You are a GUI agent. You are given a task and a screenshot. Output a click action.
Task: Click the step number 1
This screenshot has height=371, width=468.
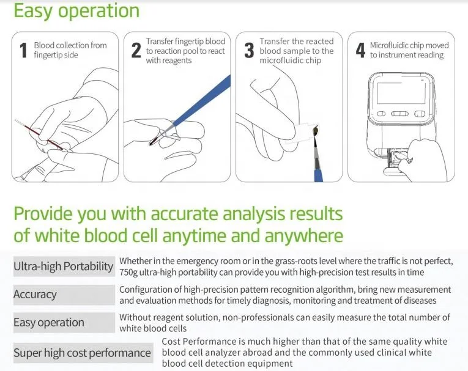pyautogui.click(x=24, y=51)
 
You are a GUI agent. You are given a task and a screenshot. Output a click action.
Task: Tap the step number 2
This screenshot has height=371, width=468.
pyautogui.click(x=136, y=51)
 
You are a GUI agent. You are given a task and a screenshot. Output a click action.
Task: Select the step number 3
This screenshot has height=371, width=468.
pyautogui.click(x=249, y=51)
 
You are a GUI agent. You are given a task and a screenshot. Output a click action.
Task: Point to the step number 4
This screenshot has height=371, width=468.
pyautogui.click(x=360, y=51)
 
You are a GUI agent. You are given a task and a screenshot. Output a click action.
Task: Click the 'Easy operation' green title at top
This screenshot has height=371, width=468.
pyautogui.click(x=76, y=10)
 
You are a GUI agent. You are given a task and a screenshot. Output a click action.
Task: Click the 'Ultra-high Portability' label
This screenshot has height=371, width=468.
pyautogui.click(x=64, y=266)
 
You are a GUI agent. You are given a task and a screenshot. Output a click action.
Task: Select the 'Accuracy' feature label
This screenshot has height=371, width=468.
pyautogui.click(x=35, y=294)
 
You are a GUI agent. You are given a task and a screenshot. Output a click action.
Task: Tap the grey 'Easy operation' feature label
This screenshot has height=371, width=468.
pyautogui.click(x=49, y=322)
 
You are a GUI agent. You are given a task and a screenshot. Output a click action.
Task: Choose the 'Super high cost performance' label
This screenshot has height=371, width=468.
pyautogui.click(x=82, y=352)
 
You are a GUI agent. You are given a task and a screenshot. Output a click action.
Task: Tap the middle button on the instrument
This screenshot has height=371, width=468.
pyautogui.click(x=399, y=114)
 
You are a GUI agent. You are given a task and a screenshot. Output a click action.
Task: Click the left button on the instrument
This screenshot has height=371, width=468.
pyautogui.click(x=381, y=114)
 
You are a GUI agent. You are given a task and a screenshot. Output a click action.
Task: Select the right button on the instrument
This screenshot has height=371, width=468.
pyautogui.click(x=419, y=114)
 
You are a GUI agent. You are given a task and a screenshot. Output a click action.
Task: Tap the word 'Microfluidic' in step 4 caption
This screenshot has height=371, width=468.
pyautogui.click(x=392, y=45)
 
